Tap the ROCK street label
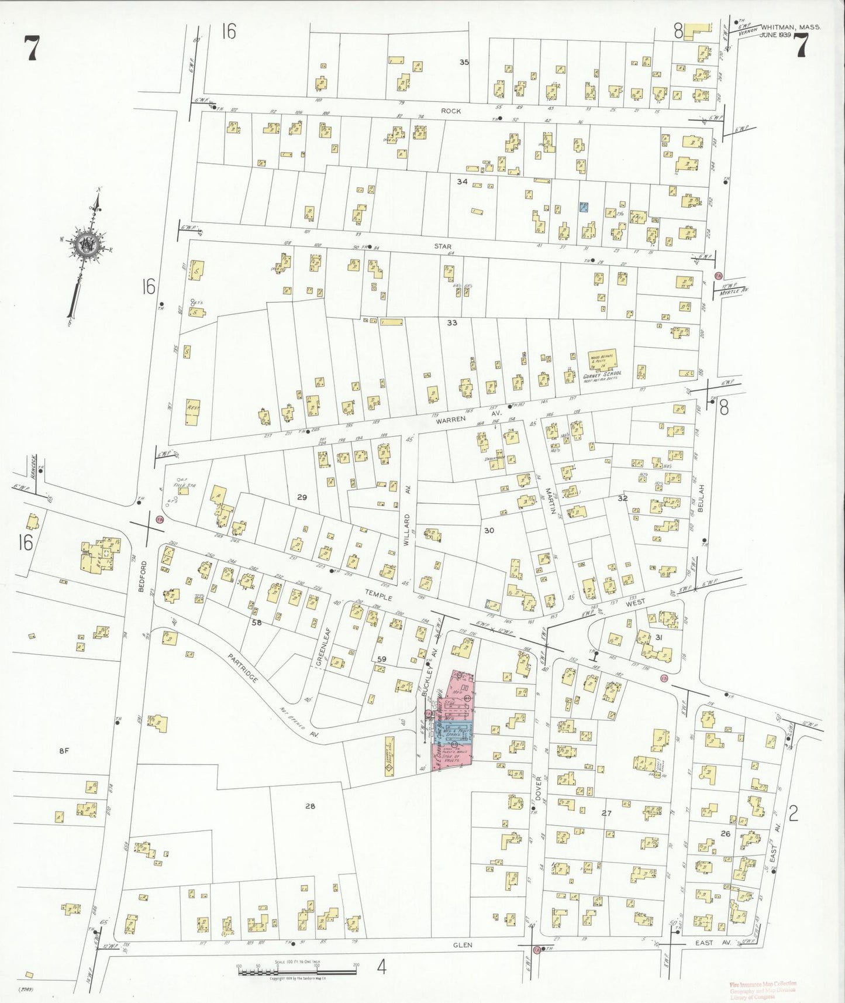pos(451,111)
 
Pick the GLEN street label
pos(461,944)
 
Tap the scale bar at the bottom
pos(297,973)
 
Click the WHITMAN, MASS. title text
pos(791,27)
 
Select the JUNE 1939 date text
pos(775,35)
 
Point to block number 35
pos(464,62)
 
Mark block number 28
pos(310,806)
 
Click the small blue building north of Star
pos(584,207)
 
